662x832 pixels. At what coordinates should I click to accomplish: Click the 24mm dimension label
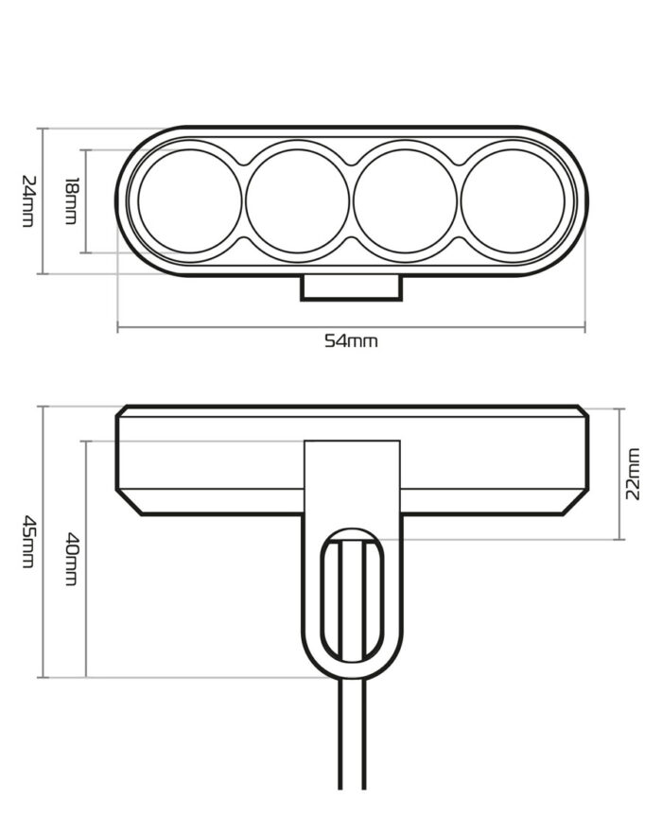[27, 201]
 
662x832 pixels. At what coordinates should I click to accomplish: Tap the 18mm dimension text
[71, 201]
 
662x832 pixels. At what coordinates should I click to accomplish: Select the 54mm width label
[351, 340]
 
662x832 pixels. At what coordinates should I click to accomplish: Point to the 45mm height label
[27, 541]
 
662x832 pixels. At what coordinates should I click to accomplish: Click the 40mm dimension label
[71, 559]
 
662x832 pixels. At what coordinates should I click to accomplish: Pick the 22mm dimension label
[633, 474]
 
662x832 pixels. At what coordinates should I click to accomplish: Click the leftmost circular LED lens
[189, 201]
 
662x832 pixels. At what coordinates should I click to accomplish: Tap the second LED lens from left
[297, 201]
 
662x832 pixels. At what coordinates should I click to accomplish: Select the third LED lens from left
[405, 201]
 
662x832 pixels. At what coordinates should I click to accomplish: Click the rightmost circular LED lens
[513, 201]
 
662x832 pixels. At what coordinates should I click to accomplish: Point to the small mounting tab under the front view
[352, 287]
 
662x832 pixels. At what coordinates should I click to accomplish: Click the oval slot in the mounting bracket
[353, 596]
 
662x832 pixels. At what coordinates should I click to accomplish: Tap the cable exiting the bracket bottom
[353, 734]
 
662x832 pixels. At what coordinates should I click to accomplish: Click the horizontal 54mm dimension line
[351, 327]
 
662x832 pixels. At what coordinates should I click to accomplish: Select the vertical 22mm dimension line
[620, 474]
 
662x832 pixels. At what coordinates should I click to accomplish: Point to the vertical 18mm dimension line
[86, 201]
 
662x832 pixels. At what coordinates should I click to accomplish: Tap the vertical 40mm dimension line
[86, 559]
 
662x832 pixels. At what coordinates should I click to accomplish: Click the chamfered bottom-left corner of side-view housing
[130, 502]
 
